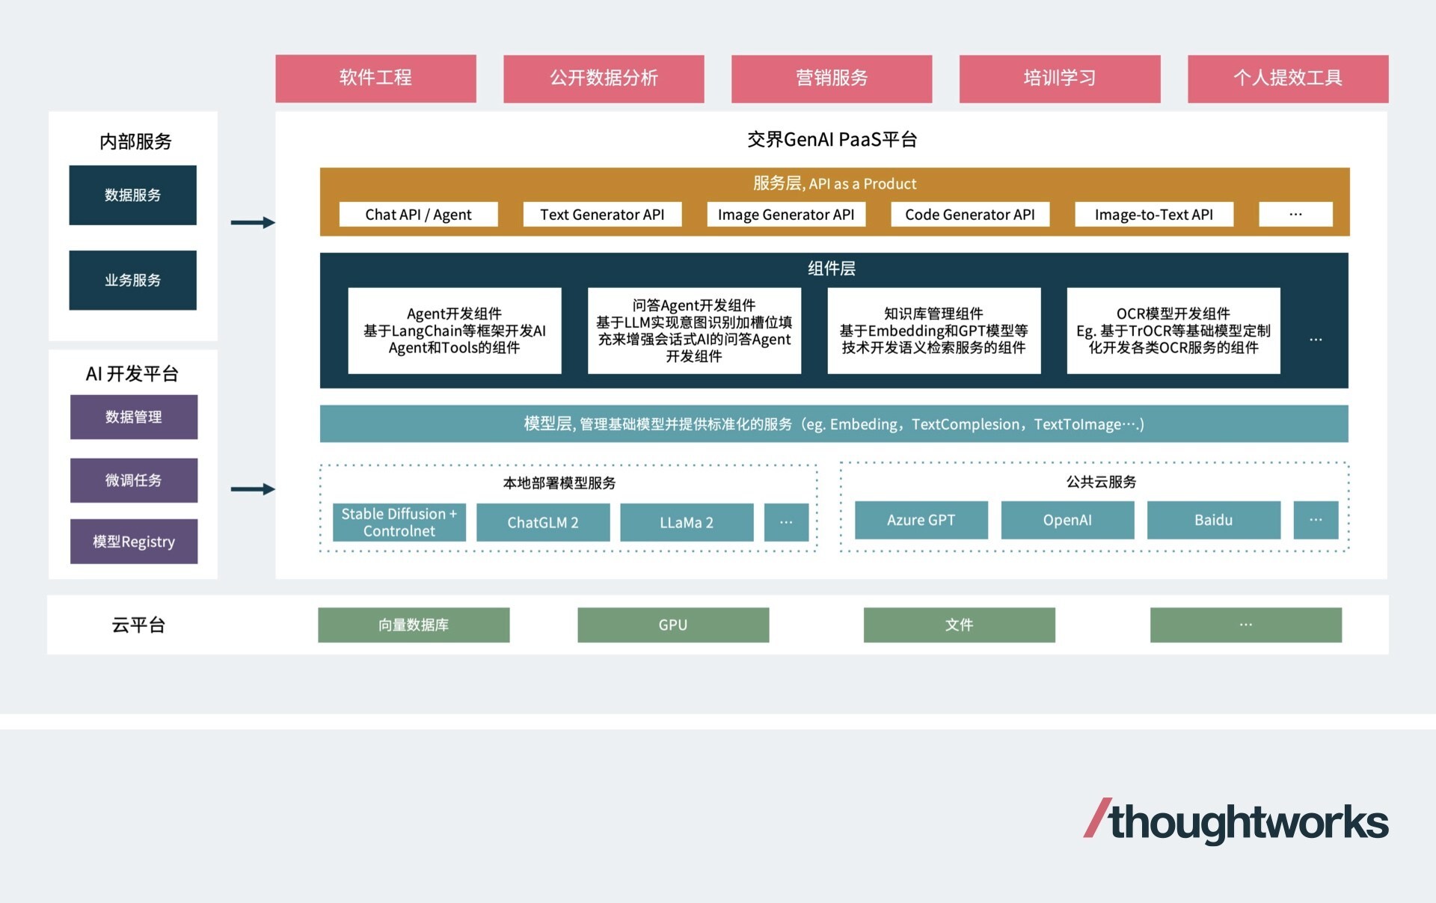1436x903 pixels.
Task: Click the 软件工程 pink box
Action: pyautogui.click(x=375, y=78)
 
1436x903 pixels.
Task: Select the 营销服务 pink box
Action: pyautogui.click(x=831, y=78)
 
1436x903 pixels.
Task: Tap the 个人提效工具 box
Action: pyautogui.click(x=1287, y=78)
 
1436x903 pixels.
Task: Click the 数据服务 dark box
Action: pyautogui.click(x=132, y=195)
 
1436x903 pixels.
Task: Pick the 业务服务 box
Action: pyautogui.click(x=132, y=280)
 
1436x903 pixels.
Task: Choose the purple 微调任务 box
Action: pyautogui.click(x=133, y=480)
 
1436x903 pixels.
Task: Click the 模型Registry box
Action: pyautogui.click(x=133, y=542)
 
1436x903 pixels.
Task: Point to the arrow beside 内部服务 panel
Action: pyautogui.click(x=253, y=222)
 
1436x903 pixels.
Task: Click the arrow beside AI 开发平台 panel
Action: pyautogui.click(x=253, y=489)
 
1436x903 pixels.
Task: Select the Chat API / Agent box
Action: pyautogui.click(x=418, y=215)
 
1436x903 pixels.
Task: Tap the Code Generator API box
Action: pyautogui.click(x=969, y=215)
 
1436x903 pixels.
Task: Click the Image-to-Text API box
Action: pyautogui.click(x=1153, y=215)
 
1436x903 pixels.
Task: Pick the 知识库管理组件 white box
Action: pyautogui.click(x=933, y=331)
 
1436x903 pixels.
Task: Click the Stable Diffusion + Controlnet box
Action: pyautogui.click(x=399, y=522)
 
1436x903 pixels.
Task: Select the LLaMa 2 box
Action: pyautogui.click(x=686, y=522)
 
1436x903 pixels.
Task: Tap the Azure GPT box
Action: pyautogui.click(x=921, y=520)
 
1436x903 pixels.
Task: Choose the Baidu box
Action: pyautogui.click(x=1213, y=520)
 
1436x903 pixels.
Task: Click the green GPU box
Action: pyautogui.click(x=672, y=625)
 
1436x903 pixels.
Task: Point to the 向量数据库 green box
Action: pyautogui.click(x=414, y=625)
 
